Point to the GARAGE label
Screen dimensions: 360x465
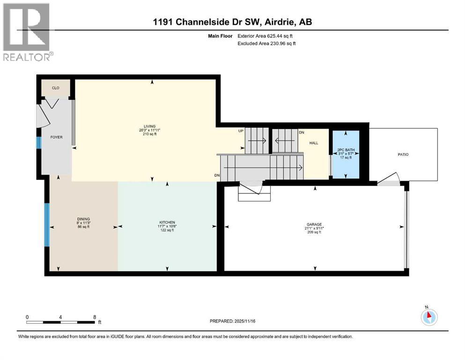(314, 224)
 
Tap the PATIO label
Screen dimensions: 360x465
(403, 154)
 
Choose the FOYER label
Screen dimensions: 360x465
(57, 137)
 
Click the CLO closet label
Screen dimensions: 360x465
(55, 88)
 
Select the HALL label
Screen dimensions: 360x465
(314, 143)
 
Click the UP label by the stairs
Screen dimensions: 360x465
(241, 131)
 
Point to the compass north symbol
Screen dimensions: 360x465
(428, 316)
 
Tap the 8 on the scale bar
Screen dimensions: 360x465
(95, 317)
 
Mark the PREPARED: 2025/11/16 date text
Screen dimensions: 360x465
(232, 321)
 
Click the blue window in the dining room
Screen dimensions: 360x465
(47, 225)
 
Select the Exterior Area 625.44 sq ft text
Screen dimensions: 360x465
(267, 36)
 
